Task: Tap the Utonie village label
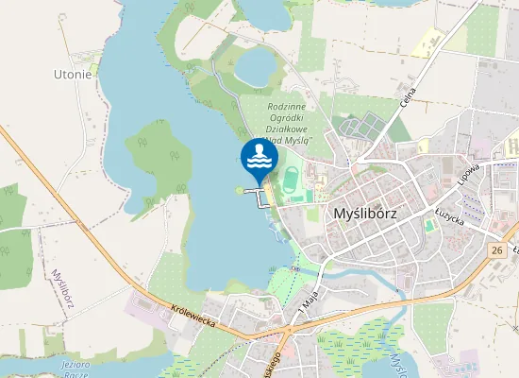pyautogui.click(x=73, y=74)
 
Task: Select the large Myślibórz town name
pyautogui.click(x=364, y=214)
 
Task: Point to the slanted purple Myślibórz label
pyautogui.click(x=64, y=282)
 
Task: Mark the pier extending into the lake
pyautogui.click(x=256, y=192)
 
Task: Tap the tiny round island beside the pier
pyautogui.click(x=239, y=188)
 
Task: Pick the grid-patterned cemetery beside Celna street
pyautogui.click(x=360, y=126)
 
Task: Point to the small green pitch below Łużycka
pyautogui.click(x=429, y=227)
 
